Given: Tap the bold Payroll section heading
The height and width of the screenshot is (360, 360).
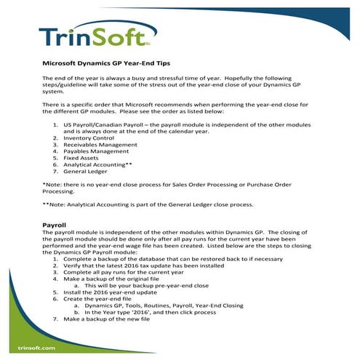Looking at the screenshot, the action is click(x=55, y=226).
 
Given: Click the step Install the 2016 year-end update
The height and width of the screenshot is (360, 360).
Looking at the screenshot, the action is click(x=116, y=292).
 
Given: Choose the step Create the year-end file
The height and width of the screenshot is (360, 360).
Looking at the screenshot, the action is click(x=103, y=299).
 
